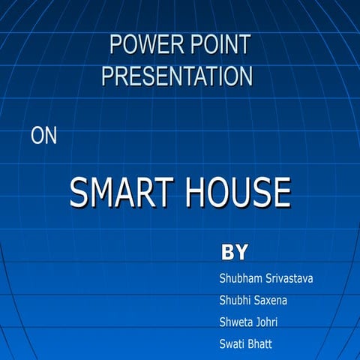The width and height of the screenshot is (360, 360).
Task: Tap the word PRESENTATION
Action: coord(177,76)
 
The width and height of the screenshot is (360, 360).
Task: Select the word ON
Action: coord(43,136)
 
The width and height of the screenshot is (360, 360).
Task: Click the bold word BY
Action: coord(235,252)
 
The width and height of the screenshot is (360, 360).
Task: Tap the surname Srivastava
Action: coord(289,279)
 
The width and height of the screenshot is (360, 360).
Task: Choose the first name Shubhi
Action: coord(235,301)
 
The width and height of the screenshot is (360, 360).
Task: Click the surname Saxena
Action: coord(271,301)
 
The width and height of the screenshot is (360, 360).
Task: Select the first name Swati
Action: coord(232,345)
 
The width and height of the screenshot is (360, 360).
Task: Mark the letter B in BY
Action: coord(228,252)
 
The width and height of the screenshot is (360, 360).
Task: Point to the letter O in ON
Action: coord(37,136)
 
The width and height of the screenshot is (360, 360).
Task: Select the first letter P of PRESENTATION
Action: coord(108,76)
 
